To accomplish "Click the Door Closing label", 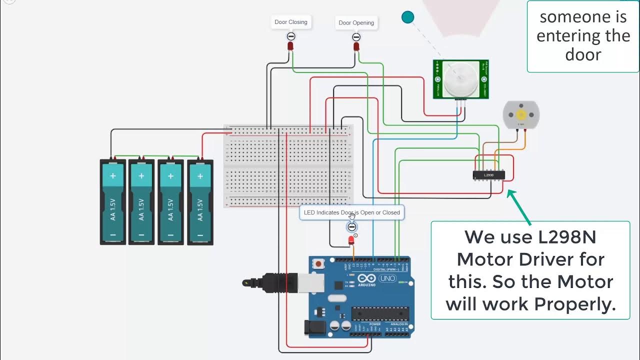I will coord(291,22).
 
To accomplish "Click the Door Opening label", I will coord(356,22).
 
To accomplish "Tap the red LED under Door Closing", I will coord(290,46).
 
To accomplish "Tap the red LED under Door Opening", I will coord(356,46).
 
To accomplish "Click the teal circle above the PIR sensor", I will coord(408,17).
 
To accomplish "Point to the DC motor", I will coord(520,114).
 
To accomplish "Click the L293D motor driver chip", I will coord(488,175).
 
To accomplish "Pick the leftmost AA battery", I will coord(113,202).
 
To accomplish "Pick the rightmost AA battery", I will coord(200,202).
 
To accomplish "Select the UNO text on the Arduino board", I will coord(387,278).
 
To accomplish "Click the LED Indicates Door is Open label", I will coord(351,212).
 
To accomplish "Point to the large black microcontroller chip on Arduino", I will coord(379,313).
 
